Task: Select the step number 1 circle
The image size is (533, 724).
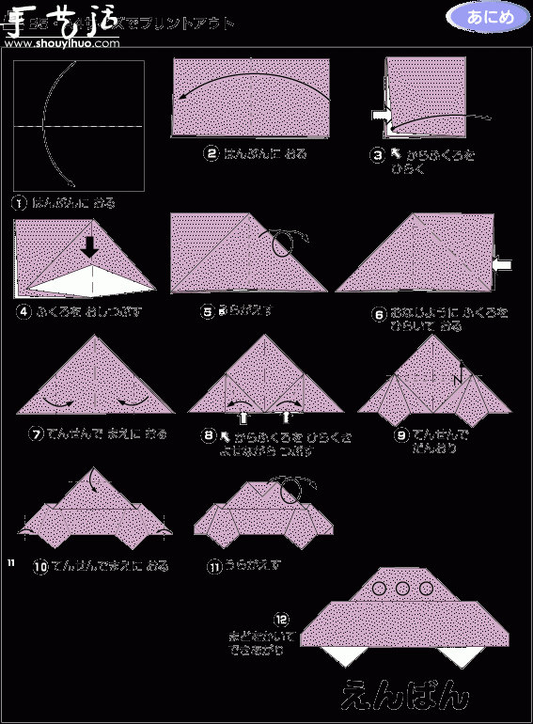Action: (18, 202)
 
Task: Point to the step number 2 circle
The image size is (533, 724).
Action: (212, 153)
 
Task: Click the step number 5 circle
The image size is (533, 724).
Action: (208, 312)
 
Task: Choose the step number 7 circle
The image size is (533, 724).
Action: (37, 433)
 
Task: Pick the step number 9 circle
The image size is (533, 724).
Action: (401, 435)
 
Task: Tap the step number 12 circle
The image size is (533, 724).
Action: (281, 620)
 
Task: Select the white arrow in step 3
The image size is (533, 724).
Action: (381, 115)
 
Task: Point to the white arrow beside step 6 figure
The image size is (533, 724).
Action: (501, 266)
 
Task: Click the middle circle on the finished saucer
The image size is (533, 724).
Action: (402, 589)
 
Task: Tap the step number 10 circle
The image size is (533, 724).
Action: (40, 567)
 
